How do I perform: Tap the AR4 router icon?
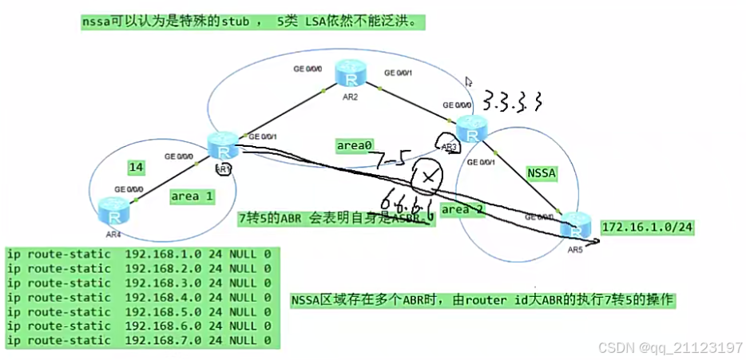pos(113,212)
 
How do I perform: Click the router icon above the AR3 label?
pos(471,125)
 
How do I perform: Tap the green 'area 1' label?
pos(192,196)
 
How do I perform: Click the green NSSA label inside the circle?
pos(543,172)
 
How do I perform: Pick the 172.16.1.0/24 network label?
pos(646,227)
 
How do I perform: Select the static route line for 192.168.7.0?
pos(141,341)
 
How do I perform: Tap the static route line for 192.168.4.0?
pos(141,298)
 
